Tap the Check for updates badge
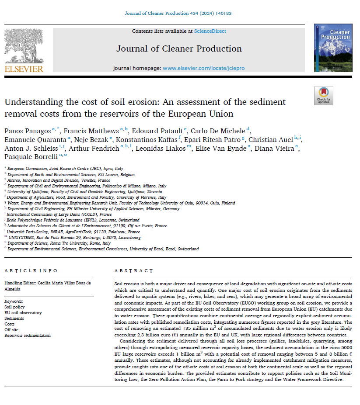(x=323, y=95)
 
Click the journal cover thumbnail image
(x=333, y=48)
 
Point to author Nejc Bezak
(x=89, y=139)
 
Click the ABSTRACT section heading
(x=134, y=271)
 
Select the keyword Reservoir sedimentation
(x=28, y=335)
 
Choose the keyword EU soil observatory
(x=23, y=312)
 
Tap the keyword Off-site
(x=12, y=329)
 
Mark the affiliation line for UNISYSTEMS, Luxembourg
(x=73, y=237)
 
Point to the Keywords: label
(x=14, y=301)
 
